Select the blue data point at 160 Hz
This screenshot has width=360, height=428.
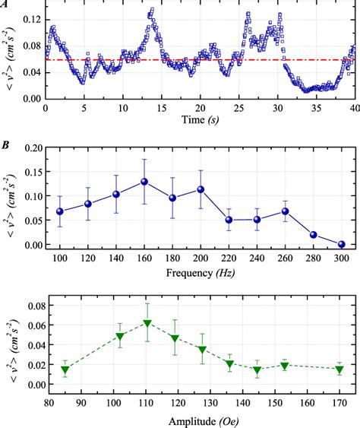point(144,182)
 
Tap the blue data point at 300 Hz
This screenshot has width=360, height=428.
point(341,244)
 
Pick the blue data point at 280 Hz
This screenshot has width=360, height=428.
point(313,235)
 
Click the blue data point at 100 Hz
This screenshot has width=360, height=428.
point(60,211)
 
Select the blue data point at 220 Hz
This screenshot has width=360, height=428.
point(229,220)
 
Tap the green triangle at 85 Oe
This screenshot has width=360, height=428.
point(65,370)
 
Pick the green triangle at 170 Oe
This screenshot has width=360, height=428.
point(339,369)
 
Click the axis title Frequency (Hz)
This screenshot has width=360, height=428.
point(201,270)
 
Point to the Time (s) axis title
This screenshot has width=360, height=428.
point(201,121)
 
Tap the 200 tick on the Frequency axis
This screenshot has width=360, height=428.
point(201,257)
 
